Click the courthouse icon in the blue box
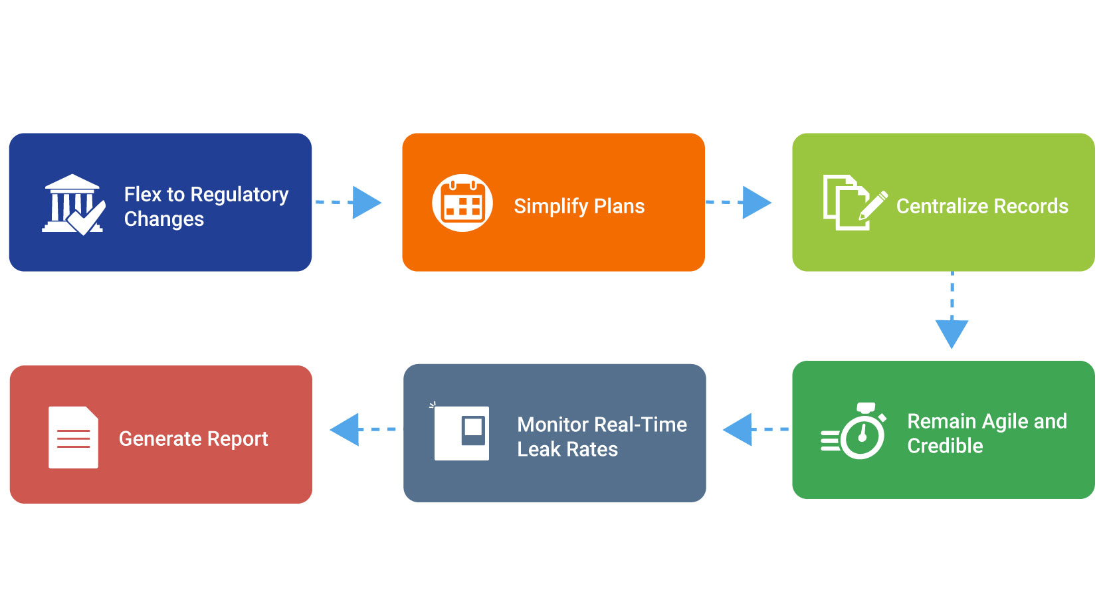(72, 204)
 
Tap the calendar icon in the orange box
(462, 203)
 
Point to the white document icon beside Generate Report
(73, 437)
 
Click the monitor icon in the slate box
(462, 433)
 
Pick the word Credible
(945, 446)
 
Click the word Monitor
(553, 425)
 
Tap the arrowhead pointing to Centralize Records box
(756, 202)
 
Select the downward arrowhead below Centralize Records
(952, 333)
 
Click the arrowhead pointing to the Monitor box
(738, 429)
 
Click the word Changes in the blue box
(163, 219)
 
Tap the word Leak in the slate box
(538, 450)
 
